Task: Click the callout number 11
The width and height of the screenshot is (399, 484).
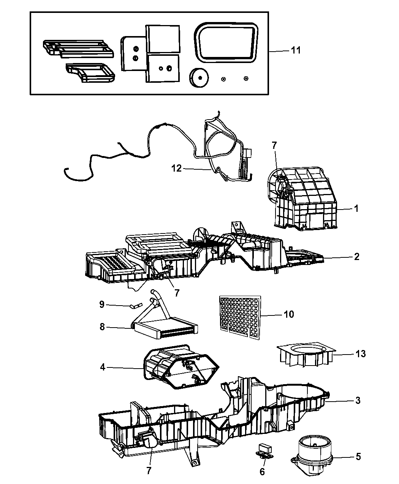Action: pos(296,50)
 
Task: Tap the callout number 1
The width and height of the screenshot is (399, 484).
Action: pos(356,208)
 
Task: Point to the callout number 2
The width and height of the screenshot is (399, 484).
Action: pos(356,257)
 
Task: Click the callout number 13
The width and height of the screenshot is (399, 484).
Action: pos(360,354)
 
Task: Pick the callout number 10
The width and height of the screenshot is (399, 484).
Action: pos(288,314)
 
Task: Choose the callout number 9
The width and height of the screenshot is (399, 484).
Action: pos(101,304)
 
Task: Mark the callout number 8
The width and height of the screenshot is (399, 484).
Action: pos(102,326)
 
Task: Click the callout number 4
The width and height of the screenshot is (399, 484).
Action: pos(103,367)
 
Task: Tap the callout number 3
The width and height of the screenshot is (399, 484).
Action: pos(357,400)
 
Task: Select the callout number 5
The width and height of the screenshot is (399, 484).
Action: pos(358,456)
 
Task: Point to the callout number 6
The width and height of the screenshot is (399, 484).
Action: pos(262,471)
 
